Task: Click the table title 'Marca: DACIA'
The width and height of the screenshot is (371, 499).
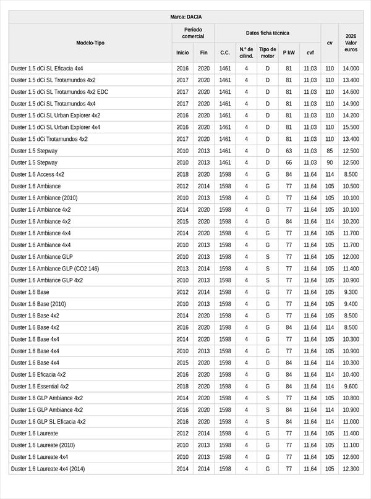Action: [185, 17]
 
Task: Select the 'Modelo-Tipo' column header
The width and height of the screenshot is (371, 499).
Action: [90, 43]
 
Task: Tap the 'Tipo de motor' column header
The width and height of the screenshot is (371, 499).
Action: [268, 52]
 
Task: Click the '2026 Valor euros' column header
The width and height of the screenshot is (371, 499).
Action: [351, 43]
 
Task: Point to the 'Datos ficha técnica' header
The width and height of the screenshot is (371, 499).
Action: [267, 33]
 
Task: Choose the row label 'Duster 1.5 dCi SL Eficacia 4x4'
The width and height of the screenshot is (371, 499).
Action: [47, 69]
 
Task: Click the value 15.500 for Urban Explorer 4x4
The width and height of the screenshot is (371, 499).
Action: [351, 127]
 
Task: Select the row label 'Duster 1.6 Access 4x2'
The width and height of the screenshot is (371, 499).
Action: [37, 175]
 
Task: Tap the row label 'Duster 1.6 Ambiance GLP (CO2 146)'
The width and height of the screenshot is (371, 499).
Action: [55, 269]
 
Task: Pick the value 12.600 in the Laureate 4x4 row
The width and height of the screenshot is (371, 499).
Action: [351, 457]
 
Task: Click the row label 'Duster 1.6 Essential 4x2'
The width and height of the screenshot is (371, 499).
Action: [40, 387]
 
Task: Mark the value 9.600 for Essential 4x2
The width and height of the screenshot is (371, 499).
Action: [351, 387]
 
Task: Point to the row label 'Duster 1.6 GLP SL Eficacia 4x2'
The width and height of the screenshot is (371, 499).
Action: [48, 422]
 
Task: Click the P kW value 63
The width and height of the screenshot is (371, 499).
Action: [289, 151]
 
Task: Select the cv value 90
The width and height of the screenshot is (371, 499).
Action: [330, 162]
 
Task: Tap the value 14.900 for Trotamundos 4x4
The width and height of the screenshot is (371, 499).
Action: [351, 104]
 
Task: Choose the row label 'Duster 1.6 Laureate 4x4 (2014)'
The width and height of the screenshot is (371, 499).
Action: [48, 469]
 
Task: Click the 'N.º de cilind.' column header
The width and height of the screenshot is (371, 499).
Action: [246, 52]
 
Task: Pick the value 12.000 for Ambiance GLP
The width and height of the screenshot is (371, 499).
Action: [351, 257]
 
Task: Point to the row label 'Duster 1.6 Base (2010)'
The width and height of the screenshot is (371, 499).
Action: [38, 304]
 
